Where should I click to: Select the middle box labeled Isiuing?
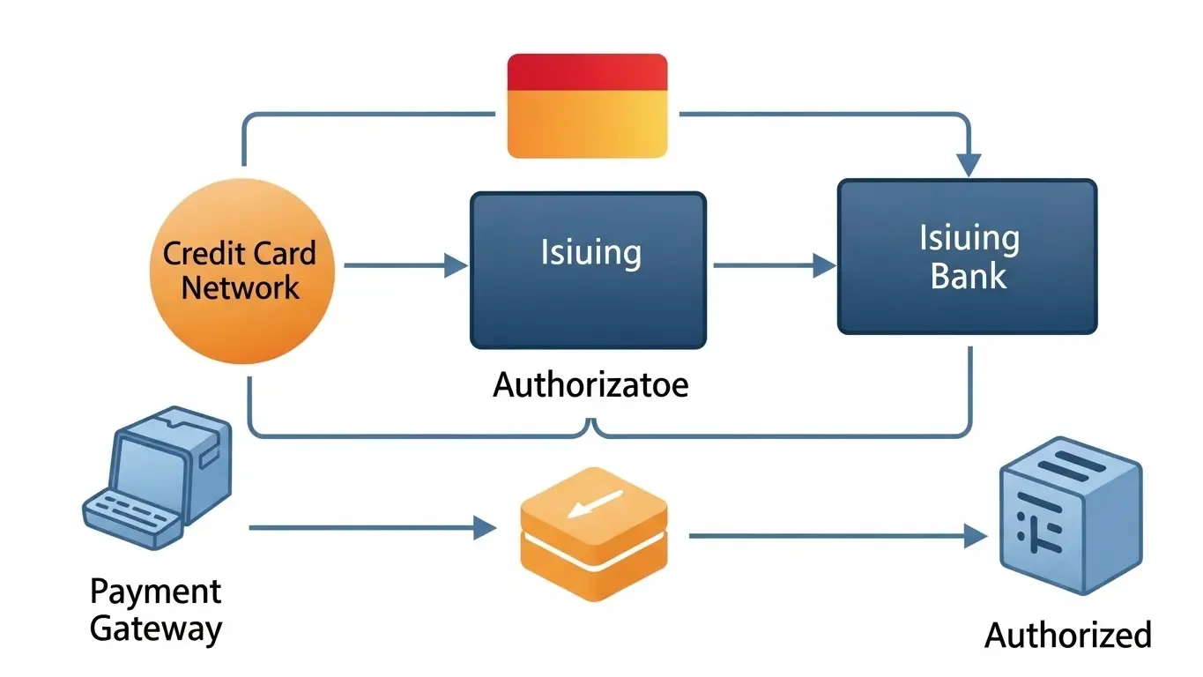(588, 270)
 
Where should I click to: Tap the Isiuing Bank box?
(967, 257)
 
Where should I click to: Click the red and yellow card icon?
(587, 106)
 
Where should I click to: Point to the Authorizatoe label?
(590, 385)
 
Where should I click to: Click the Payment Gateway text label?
(156, 609)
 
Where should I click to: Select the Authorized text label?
(1067, 635)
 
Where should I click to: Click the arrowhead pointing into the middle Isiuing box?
(457, 265)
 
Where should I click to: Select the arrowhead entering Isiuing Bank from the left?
(823, 265)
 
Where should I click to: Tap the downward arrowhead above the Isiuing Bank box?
(969, 165)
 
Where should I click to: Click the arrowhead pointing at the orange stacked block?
(485, 528)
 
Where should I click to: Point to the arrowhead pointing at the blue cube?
(975, 535)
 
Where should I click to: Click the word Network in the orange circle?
(240, 287)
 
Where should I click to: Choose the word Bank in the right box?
(968, 276)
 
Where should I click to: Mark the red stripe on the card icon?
(587, 71)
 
